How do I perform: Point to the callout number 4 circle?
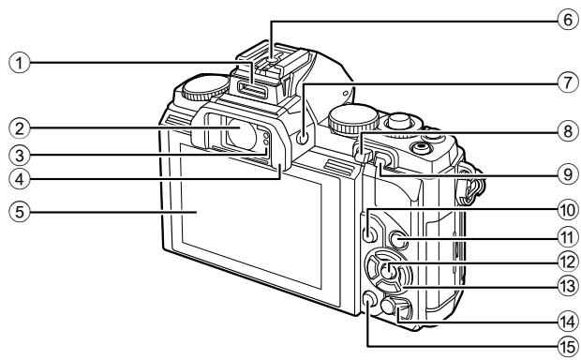tap(12, 175)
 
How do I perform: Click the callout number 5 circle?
tap(12, 212)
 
